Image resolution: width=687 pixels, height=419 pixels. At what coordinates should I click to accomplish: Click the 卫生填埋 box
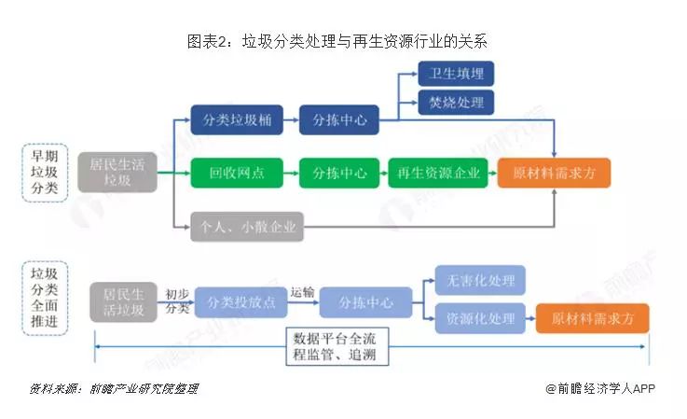tap(456, 74)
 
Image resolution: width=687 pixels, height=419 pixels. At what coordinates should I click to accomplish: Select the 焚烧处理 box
tap(456, 103)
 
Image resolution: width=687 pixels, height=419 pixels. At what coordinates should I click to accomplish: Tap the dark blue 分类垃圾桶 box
tap(237, 119)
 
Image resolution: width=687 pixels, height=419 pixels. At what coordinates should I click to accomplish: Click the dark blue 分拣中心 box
tap(339, 119)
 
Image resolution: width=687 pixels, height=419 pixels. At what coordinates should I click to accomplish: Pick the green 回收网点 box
tap(237, 173)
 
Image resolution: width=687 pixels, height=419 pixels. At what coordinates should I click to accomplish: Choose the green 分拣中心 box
tap(339, 173)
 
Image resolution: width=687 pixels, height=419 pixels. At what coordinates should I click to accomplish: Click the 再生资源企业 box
tap(438, 173)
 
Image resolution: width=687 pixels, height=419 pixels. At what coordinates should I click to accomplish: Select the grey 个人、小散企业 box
tap(247, 227)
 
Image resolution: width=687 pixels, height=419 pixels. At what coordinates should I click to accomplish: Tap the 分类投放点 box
tap(241, 302)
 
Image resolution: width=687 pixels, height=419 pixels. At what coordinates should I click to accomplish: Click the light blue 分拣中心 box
tap(365, 302)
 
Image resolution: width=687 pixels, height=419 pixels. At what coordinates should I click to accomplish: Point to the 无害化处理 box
tap(480, 280)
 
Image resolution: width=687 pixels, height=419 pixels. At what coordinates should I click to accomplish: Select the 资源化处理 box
tap(480, 318)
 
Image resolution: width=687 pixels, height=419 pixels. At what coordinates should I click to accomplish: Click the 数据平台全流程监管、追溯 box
tap(337, 346)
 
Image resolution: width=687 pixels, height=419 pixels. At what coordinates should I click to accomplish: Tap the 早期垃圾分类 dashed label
tap(45, 173)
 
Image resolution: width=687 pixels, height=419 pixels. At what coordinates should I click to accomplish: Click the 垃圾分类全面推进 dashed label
tap(45, 298)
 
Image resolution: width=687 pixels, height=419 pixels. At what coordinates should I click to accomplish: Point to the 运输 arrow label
tap(302, 292)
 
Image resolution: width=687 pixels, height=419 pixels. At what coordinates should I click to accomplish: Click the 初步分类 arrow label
tap(177, 301)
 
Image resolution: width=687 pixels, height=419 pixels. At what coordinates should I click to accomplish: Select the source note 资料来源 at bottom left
tap(114, 389)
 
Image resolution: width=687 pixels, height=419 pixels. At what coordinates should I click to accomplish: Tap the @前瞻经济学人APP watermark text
tap(600, 389)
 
